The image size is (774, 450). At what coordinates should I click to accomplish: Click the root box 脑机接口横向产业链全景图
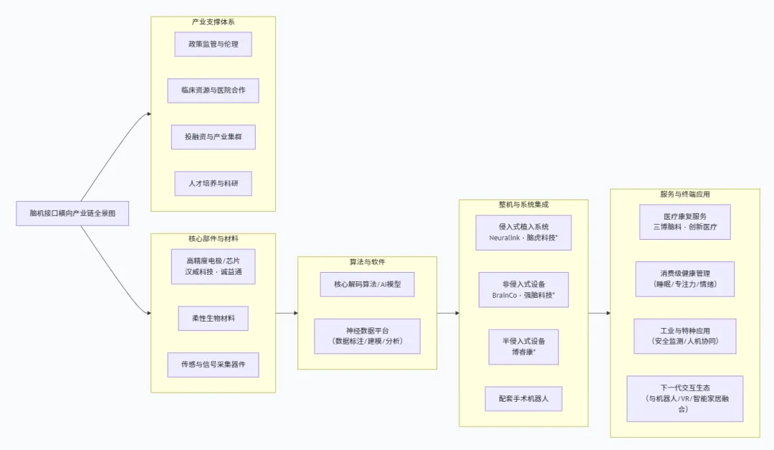pyautogui.click(x=72, y=213)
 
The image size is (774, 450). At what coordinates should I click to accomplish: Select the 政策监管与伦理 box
pyautogui.click(x=213, y=44)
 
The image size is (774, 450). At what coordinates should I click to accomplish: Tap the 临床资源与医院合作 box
pyautogui.click(x=213, y=90)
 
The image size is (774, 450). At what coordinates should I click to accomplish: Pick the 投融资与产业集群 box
pyautogui.click(x=213, y=136)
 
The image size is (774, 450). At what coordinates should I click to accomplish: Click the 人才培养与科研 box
pyautogui.click(x=213, y=183)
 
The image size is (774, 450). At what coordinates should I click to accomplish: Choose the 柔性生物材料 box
pyautogui.click(x=213, y=318)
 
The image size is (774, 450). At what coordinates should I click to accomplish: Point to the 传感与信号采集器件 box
pyautogui.click(x=213, y=365)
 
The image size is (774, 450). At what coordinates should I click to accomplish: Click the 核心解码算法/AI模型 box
pyautogui.click(x=367, y=284)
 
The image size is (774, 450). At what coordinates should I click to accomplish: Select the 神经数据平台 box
pyautogui.click(x=367, y=336)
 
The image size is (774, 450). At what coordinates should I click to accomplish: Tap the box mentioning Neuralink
pyautogui.click(x=523, y=232)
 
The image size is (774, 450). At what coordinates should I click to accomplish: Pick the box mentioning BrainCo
pyautogui.click(x=523, y=290)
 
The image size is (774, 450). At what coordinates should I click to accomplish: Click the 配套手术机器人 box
pyautogui.click(x=523, y=398)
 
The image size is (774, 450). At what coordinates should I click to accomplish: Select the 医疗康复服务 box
pyautogui.click(x=684, y=222)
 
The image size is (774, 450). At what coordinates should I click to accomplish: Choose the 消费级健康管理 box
pyautogui.click(x=684, y=278)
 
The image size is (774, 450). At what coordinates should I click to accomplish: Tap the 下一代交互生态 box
pyautogui.click(x=684, y=398)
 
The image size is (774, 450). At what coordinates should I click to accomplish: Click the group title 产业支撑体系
pyautogui.click(x=213, y=22)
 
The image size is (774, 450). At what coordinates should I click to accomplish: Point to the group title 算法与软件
pyautogui.click(x=367, y=262)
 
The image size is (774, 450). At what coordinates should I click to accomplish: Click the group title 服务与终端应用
pyautogui.click(x=684, y=194)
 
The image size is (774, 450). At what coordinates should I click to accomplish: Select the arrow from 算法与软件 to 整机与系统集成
pyautogui.click(x=448, y=313)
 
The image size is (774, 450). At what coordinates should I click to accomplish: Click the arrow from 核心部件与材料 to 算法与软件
pyautogui.click(x=287, y=313)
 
